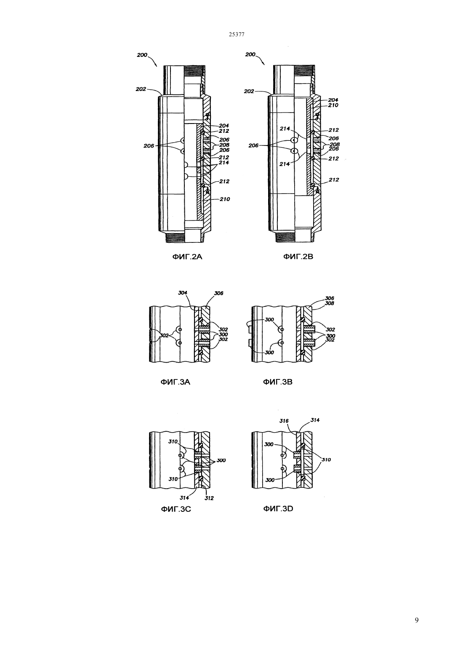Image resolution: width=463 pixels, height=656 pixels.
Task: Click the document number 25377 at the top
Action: click(x=237, y=35)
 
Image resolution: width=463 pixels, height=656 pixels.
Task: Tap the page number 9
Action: click(x=417, y=620)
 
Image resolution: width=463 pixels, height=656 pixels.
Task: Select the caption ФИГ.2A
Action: click(x=187, y=257)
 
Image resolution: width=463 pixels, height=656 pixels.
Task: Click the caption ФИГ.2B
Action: click(x=298, y=257)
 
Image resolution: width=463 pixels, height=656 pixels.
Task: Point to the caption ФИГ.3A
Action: click(x=176, y=382)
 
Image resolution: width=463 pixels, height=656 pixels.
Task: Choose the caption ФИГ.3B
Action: click(x=278, y=382)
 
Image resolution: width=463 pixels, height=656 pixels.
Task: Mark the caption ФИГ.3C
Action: click(x=176, y=509)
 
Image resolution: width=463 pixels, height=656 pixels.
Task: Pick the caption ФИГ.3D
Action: click(x=278, y=509)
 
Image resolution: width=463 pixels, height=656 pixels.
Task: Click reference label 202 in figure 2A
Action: click(x=141, y=89)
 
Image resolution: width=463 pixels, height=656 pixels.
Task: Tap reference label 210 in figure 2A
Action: click(x=225, y=199)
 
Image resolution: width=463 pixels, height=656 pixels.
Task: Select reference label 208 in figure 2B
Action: click(x=335, y=144)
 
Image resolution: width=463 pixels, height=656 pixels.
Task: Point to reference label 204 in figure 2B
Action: click(x=333, y=100)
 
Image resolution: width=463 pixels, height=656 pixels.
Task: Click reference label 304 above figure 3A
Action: click(x=183, y=293)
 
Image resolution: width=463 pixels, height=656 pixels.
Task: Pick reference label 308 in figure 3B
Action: click(x=330, y=304)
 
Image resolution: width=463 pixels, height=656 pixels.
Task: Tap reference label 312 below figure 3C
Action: click(x=209, y=498)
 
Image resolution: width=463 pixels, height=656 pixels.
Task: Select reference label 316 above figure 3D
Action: click(x=284, y=421)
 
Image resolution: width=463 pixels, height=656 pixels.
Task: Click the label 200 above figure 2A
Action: click(x=142, y=55)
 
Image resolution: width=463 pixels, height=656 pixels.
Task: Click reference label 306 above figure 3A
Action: click(x=218, y=293)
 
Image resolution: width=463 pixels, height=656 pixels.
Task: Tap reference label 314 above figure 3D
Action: click(x=315, y=420)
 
